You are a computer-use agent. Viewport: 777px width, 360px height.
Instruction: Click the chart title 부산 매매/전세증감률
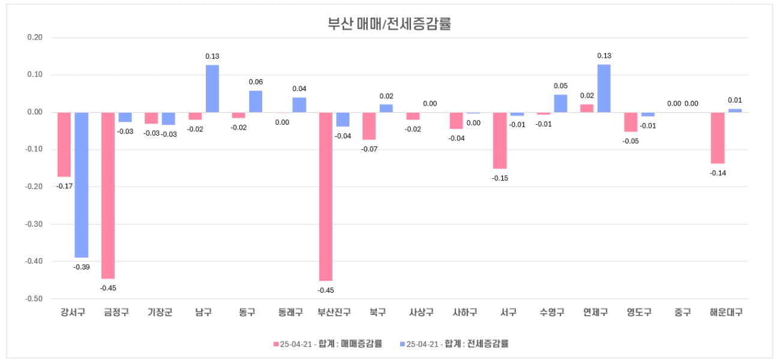tap(389, 24)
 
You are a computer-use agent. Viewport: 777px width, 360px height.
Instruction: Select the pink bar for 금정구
tap(108, 195)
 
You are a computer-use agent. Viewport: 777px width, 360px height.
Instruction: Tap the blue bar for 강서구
tap(82, 185)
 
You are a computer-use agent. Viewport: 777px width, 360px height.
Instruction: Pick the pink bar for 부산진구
tap(326, 196)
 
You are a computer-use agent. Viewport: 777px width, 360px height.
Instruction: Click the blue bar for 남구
tap(212, 88)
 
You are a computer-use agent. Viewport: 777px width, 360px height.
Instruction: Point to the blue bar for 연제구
tap(604, 88)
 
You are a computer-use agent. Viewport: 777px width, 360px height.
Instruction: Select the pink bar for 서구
tap(500, 140)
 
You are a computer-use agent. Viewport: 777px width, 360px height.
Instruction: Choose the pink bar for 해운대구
tap(718, 137)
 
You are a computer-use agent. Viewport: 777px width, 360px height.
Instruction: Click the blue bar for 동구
tap(256, 101)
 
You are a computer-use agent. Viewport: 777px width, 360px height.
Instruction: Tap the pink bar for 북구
tap(369, 126)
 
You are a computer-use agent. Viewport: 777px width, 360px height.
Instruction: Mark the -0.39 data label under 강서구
tap(82, 267)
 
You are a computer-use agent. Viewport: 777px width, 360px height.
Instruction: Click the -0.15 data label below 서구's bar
tap(500, 178)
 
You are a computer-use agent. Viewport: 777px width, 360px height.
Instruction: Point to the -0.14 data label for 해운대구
tap(718, 173)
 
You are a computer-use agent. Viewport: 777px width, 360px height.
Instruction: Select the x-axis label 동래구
tap(290, 313)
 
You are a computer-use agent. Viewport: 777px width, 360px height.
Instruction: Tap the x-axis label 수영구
tap(551, 313)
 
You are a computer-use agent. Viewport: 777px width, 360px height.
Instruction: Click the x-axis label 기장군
tap(160, 313)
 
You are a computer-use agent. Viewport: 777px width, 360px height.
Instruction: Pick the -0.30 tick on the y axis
tap(35, 224)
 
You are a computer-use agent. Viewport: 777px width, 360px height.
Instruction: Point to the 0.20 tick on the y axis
tap(35, 38)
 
